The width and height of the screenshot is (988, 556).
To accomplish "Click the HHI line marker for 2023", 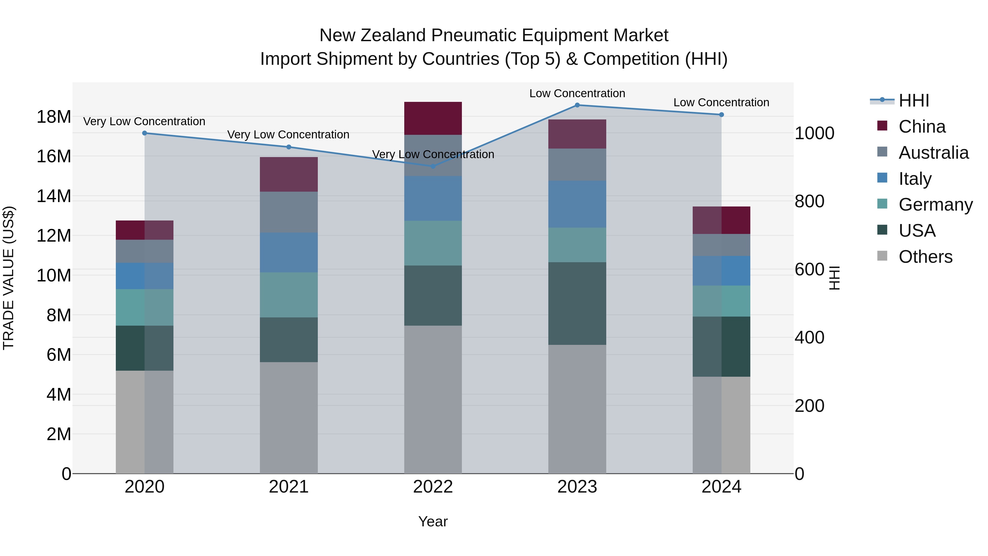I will [577, 105].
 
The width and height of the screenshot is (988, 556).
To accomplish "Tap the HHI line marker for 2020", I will [145, 133].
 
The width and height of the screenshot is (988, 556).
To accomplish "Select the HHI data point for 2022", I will [433, 166].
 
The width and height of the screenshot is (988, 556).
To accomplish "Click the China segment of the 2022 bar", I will [433, 118].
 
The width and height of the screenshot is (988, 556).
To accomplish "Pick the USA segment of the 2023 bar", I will [577, 303].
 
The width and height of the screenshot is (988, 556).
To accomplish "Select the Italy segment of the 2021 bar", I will [289, 253].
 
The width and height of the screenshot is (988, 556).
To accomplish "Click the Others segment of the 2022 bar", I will [433, 399].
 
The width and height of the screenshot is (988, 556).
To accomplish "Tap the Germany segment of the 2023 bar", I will [577, 245].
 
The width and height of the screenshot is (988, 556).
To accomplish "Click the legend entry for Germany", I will [936, 205].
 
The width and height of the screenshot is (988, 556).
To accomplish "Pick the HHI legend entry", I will [914, 100].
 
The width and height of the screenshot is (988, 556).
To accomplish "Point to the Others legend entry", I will [925, 257].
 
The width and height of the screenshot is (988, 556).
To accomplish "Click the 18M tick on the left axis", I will [54, 117].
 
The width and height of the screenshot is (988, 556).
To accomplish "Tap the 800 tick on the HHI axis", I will [809, 201].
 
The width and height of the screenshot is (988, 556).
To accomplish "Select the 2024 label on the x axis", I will [721, 487].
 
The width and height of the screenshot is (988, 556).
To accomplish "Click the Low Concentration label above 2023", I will [577, 93].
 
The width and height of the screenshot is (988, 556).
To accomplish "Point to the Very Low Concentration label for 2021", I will [288, 135].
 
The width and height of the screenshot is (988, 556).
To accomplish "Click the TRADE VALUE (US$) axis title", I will [9, 278].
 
